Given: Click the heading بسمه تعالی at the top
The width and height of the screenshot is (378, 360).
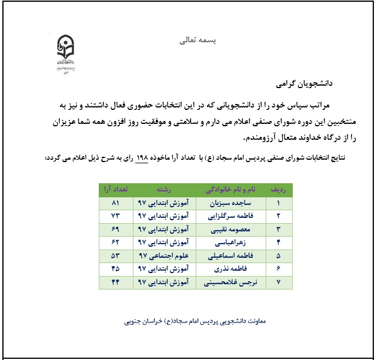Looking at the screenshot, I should coord(196,41).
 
